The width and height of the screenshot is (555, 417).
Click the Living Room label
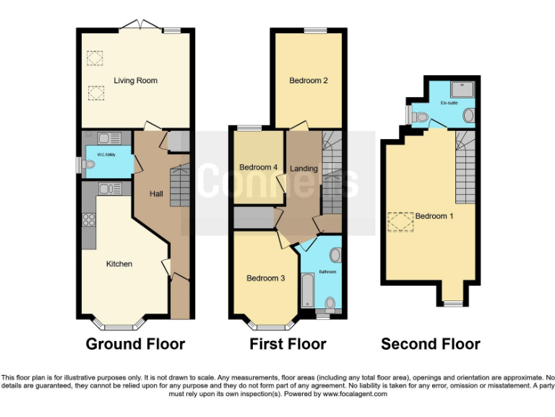click(x=135, y=80)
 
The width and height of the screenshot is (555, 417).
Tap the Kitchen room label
click(x=119, y=264)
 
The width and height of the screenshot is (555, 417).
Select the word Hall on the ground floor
click(x=156, y=194)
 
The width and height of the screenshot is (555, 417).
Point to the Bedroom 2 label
click(x=309, y=80)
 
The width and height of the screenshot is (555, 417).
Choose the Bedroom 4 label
click(x=258, y=167)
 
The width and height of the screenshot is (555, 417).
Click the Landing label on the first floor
click(x=304, y=169)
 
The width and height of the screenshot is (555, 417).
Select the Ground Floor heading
click(x=135, y=344)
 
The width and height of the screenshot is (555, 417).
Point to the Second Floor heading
click(x=431, y=344)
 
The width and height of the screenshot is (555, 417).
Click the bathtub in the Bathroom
click(x=307, y=293)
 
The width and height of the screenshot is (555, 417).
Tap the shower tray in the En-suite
click(x=461, y=88)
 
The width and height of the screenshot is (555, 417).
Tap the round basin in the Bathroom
click(x=335, y=255)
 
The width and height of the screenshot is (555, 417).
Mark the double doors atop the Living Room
click(x=137, y=25)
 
